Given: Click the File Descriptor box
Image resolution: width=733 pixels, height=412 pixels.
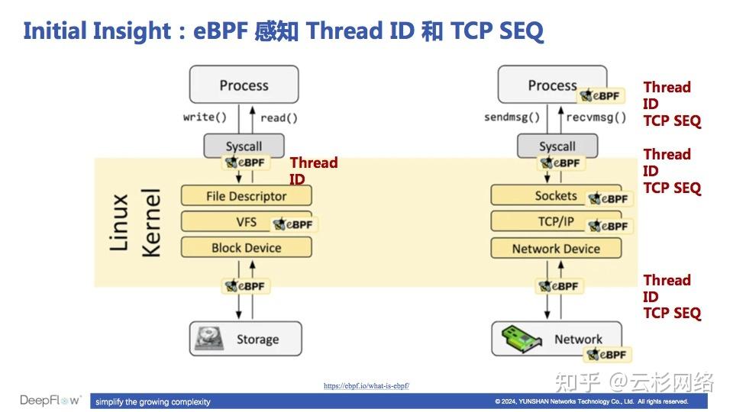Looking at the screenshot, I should [246, 196].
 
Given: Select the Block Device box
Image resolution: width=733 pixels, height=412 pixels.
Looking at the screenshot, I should [246, 248].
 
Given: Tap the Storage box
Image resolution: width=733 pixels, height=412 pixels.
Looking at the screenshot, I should [245, 339].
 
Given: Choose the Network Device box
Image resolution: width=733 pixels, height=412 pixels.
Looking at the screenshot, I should [555, 249].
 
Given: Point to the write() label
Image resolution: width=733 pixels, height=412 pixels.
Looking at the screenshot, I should [205, 117].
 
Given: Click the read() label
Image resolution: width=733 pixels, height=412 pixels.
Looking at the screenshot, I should [279, 117].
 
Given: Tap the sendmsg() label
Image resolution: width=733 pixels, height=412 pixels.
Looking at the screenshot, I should [512, 117].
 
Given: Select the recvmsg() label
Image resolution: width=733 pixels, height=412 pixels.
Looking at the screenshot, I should [596, 117].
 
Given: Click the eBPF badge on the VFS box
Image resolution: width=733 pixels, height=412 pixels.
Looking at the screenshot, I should [293, 224].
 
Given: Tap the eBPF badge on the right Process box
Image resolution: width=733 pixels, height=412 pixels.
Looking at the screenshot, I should [600, 96].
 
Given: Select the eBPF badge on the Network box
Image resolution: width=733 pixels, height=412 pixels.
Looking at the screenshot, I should [608, 355].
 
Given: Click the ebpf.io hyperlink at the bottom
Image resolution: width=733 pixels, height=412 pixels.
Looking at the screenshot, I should [366, 386].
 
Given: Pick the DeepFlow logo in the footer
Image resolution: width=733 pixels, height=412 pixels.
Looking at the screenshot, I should [50, 401].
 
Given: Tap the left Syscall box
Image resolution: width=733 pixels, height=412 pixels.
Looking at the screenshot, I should [244, 146].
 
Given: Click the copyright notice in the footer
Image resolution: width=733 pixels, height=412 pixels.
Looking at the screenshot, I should [591, 401].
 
